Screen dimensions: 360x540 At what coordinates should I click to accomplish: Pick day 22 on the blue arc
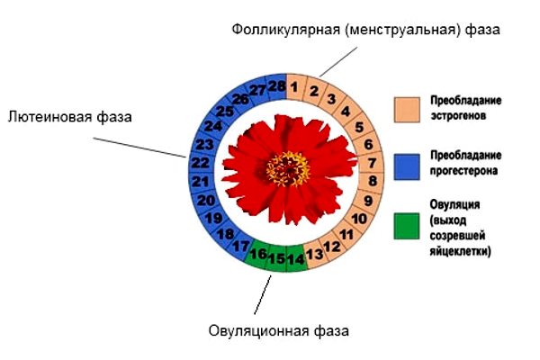click(201, 162)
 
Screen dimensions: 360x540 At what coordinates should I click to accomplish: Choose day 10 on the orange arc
click(359, 218)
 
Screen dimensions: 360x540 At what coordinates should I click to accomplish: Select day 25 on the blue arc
click(224, 112)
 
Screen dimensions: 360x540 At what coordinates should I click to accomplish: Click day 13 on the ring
click(315, 255)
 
